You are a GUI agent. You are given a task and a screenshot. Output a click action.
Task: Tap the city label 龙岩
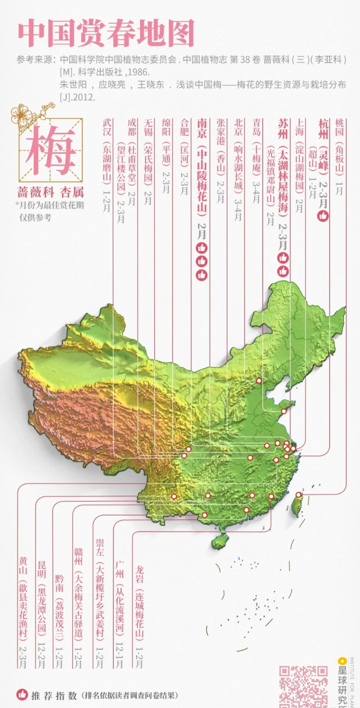139,570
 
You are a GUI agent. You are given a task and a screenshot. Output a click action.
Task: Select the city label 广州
120,570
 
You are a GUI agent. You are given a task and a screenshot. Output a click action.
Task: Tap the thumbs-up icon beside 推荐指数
22,694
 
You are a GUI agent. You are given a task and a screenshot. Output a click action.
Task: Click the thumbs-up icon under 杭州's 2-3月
323,216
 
